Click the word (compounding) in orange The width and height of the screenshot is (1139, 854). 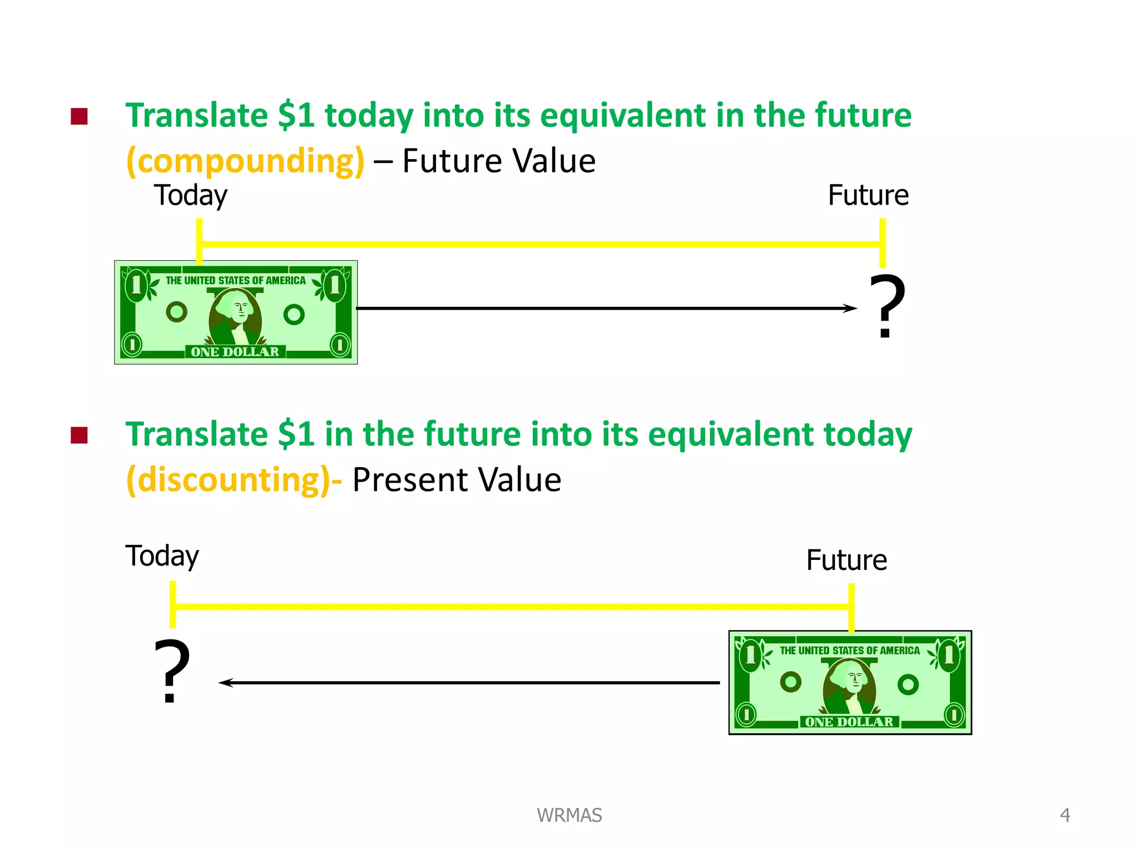[245, 161]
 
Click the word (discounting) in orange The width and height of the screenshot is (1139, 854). [231, 480]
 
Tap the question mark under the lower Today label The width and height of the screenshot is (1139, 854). [172, 671]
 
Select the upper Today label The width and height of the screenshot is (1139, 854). [190, 196]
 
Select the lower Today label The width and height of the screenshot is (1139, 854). [162, 556]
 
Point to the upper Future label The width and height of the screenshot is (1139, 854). [868, 196]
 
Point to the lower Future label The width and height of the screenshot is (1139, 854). [846, 560]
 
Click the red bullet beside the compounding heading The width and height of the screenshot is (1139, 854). [80, 117]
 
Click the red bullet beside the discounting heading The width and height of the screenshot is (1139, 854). [80, 435]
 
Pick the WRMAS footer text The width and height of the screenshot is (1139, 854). [569, 815]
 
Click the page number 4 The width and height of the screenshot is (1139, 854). [1064, 815]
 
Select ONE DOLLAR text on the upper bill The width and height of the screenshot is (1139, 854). [235, 352]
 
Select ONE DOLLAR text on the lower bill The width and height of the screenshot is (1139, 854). [849, 722]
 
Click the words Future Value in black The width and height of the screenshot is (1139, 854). [499, 161]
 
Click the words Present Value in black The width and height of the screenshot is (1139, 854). [457, 480]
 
